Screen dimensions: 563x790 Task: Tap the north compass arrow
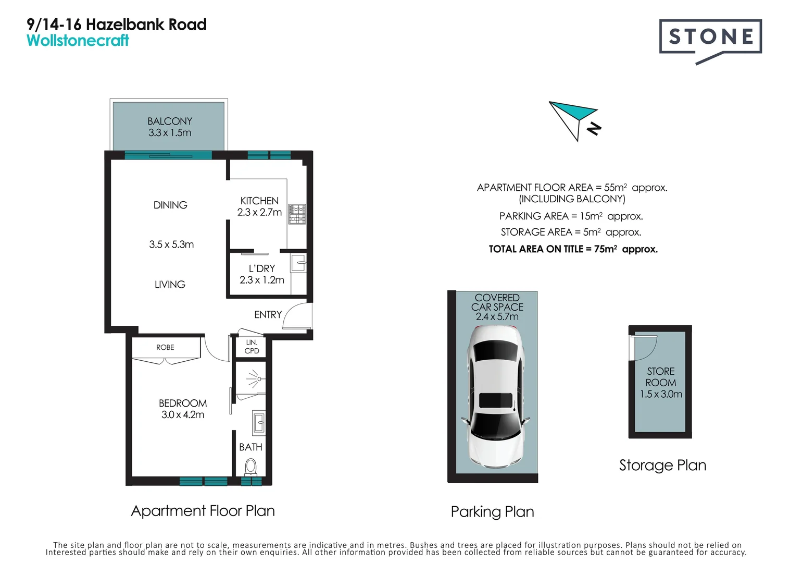tap(573, 117)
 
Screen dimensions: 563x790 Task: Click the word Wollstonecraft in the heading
tap(78, 41)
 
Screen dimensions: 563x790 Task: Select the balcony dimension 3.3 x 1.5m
tap(170, 133)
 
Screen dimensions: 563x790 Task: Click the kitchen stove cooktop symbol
tap(297, 214)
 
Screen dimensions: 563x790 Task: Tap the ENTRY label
tap(268, 315)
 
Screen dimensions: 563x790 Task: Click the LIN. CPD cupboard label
tap(252, 347)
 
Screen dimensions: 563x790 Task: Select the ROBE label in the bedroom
tap(165, 347)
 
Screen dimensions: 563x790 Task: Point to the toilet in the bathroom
tap(250, 466)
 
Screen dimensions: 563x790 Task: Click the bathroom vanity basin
tap(258, 422)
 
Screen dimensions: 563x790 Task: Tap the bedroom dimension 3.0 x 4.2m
tap(183, 415)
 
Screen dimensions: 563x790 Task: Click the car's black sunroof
tap(495, 400)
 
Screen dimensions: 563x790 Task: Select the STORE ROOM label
tap(661, 377)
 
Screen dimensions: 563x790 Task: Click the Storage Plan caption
tap(662, 465)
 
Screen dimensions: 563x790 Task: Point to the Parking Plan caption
tap(492, 512)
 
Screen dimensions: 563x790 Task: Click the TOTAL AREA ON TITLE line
tap(573, 249)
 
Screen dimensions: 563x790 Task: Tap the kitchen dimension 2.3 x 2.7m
tap(259, 213)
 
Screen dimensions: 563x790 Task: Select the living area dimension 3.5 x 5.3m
tap(171, 244)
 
